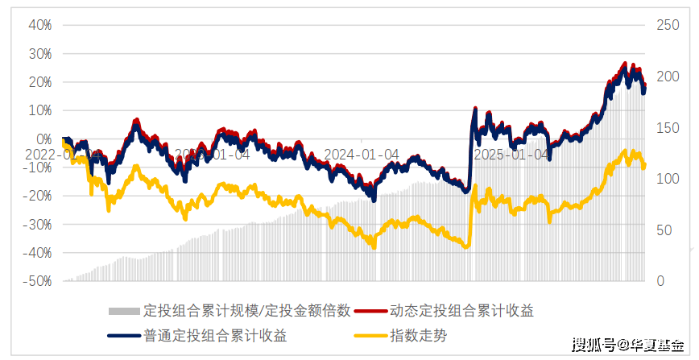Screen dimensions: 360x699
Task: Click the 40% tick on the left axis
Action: point(40,25)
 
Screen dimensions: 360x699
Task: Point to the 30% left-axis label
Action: point(40,54)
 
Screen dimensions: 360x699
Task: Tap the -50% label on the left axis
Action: point(38,281)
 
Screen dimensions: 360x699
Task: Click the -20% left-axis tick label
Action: point(38,196)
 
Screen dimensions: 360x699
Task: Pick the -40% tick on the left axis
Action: point(38,253)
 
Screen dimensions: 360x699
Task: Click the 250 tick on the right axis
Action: point(668,25)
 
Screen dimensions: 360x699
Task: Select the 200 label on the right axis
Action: point(668,77)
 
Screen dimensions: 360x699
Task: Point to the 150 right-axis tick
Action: point(668,127)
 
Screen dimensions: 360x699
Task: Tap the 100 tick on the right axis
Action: point(668,179)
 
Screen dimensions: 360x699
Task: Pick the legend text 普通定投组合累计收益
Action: point(215,336)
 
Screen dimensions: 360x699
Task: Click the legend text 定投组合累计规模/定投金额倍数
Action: point(246,310)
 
